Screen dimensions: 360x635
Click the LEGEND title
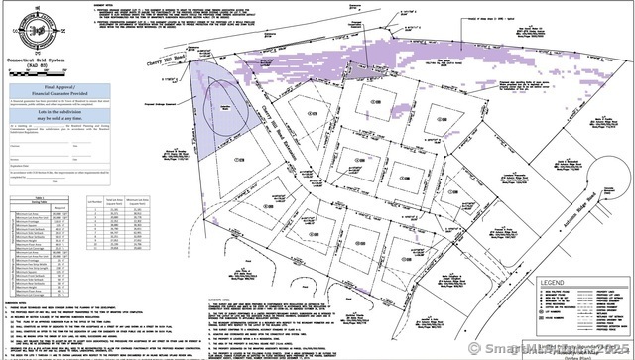pos(552,283)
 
